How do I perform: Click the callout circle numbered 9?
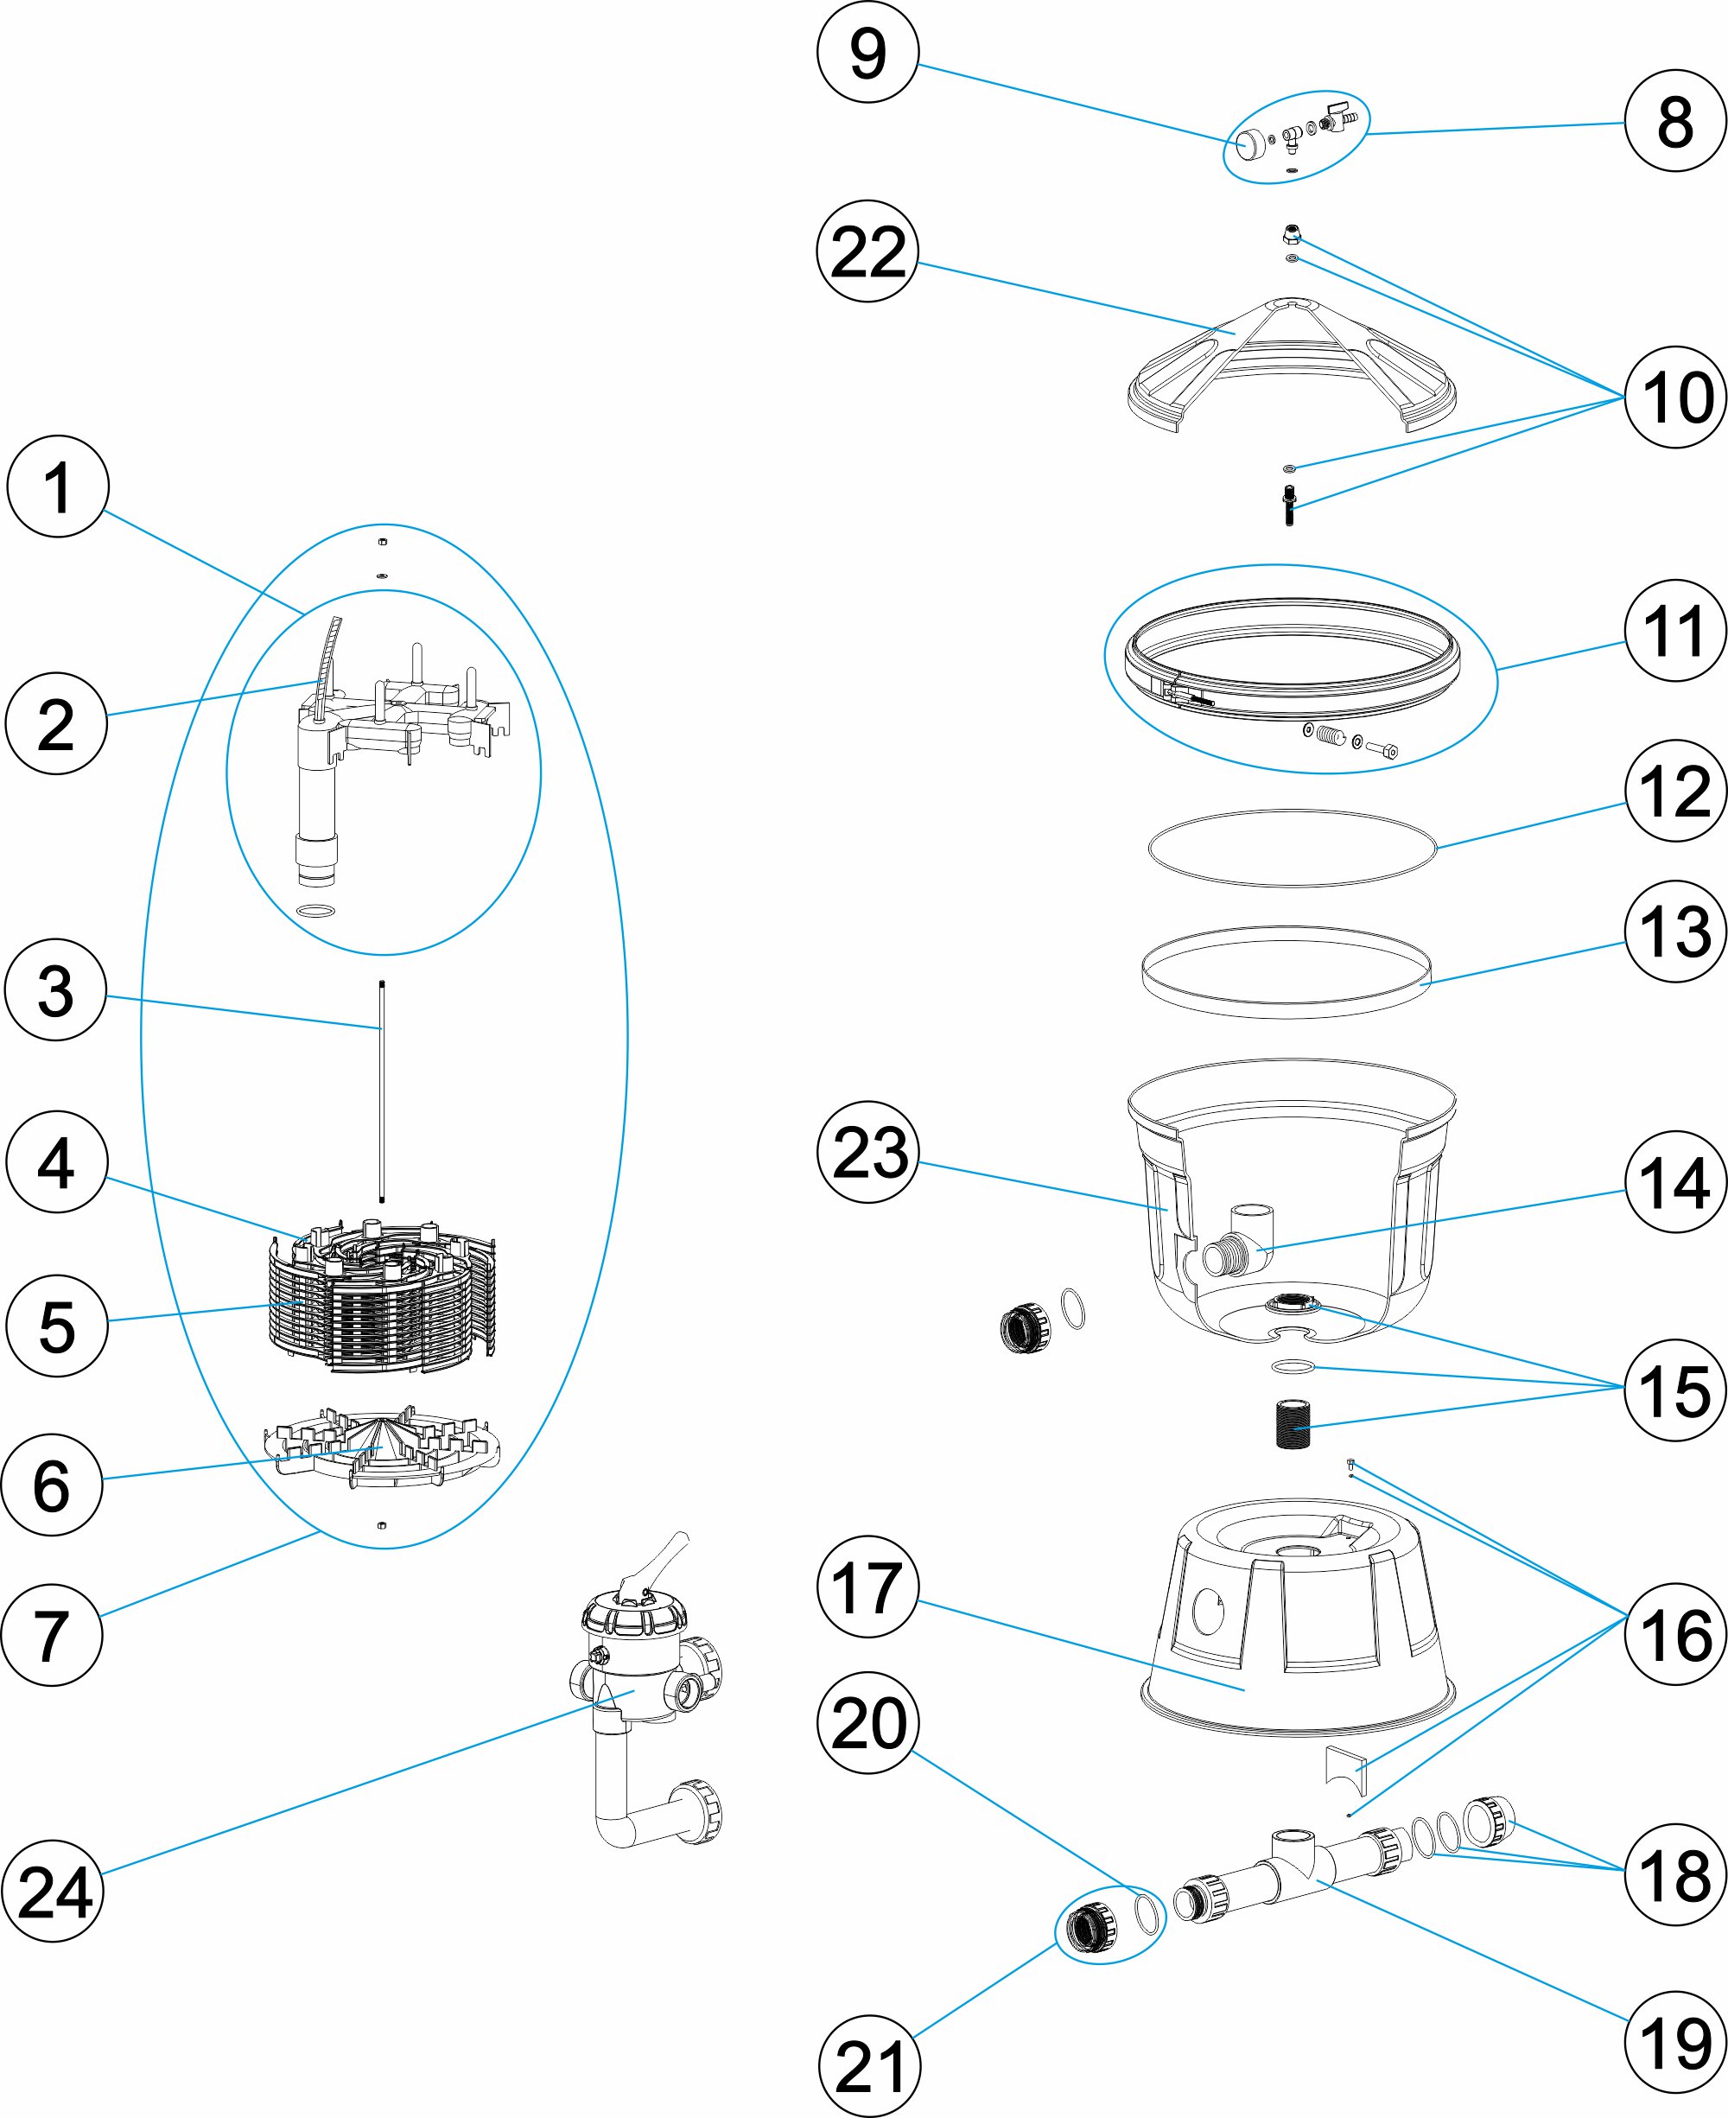point(867,53)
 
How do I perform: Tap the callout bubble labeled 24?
point(54,1892)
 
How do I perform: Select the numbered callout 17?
point(867,1587)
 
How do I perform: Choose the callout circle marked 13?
point(1675,932)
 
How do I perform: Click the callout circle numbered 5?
point(57,1326)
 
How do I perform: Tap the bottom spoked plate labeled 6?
point(381,1448)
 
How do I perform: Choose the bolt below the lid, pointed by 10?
point(1290,505)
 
